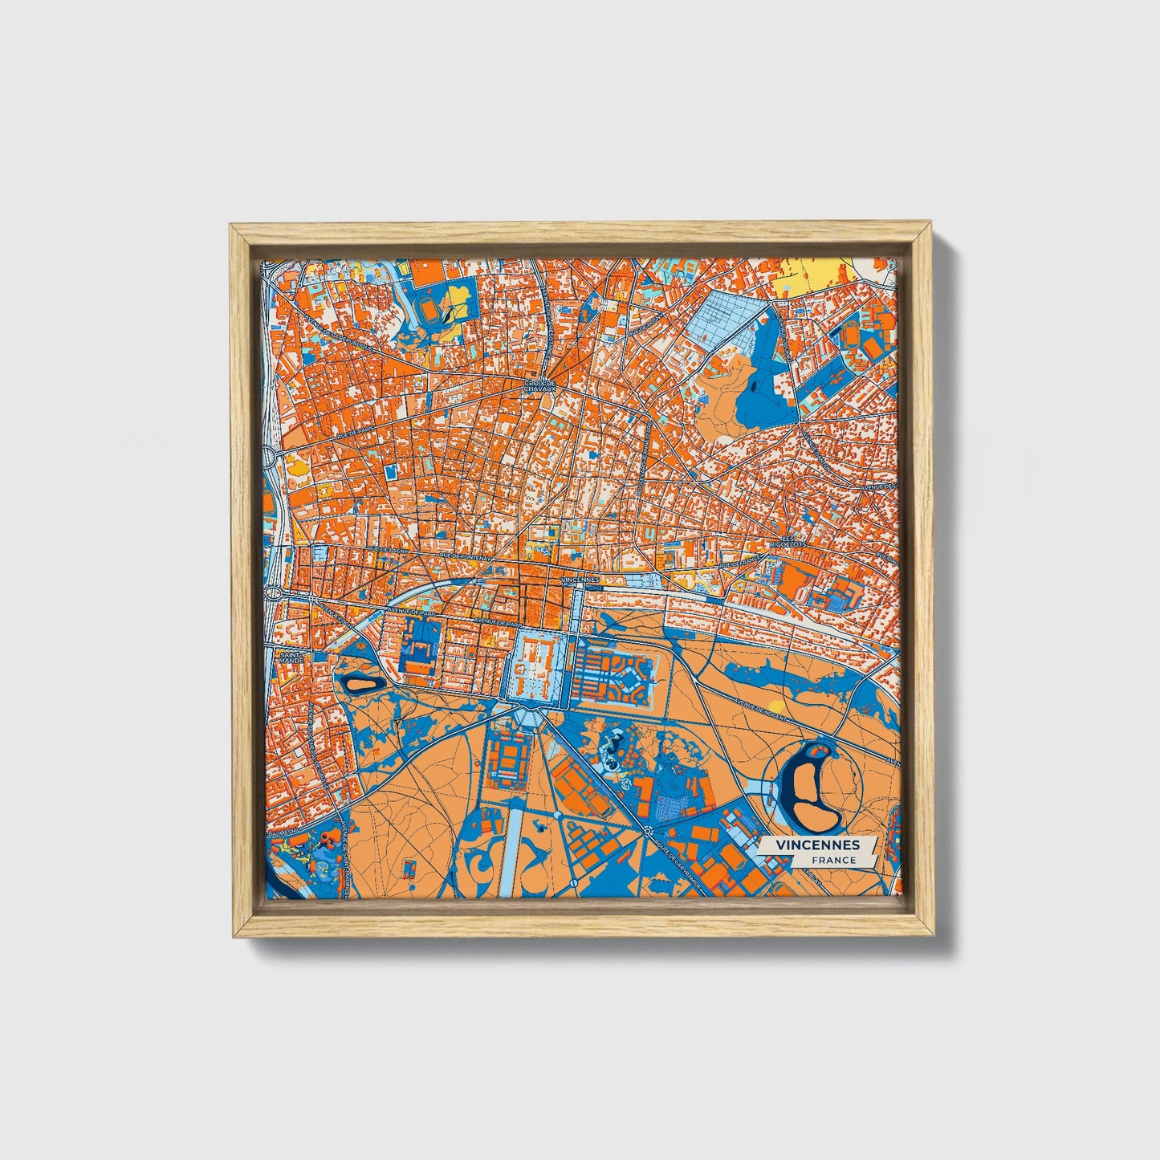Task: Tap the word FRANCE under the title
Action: coord(832,860)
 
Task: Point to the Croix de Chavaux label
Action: coord(540,387)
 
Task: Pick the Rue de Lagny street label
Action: coord(389,551)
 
